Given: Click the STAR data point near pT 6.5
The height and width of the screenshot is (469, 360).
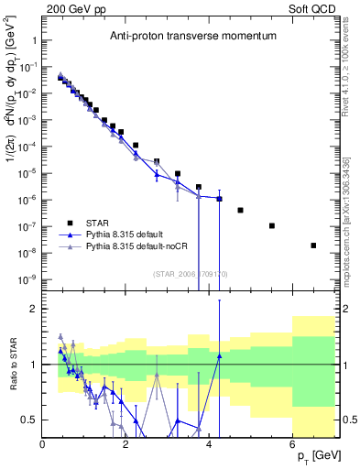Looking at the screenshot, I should click(x=313, y=245).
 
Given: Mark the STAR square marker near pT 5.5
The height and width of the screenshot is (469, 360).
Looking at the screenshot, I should click(x=272, y=225).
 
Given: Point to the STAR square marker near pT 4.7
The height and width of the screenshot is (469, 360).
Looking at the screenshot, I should click(x=240, y=210).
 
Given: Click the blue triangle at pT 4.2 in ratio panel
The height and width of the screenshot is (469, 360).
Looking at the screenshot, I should click(x=219, y=356).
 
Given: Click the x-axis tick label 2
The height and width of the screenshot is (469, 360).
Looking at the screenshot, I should click(x=126, y=445).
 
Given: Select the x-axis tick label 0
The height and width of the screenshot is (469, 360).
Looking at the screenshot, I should click(x=43, y=445).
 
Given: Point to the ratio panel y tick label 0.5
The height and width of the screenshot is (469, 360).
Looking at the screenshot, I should click(x=27, y=420).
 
